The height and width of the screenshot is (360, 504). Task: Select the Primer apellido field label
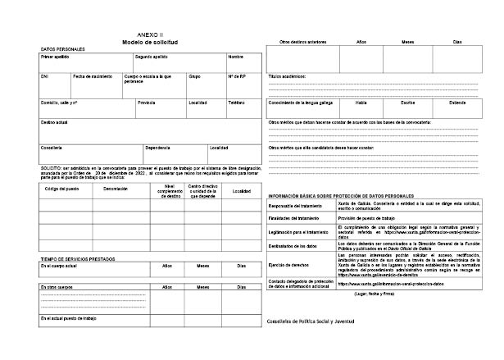(x=55, y=57)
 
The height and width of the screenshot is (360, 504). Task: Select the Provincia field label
(x=146, y=103)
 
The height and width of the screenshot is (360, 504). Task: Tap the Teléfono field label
(x=236, y=103)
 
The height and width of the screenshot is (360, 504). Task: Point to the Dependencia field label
(x=157, y=148)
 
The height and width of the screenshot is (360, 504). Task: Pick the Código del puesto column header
(x=62, y=189)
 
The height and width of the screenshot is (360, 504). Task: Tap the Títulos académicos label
(x=287, y=75)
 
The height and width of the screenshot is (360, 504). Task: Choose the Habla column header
(x=361, y=103)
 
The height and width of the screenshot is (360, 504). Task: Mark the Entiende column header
(x=457, y=103)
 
